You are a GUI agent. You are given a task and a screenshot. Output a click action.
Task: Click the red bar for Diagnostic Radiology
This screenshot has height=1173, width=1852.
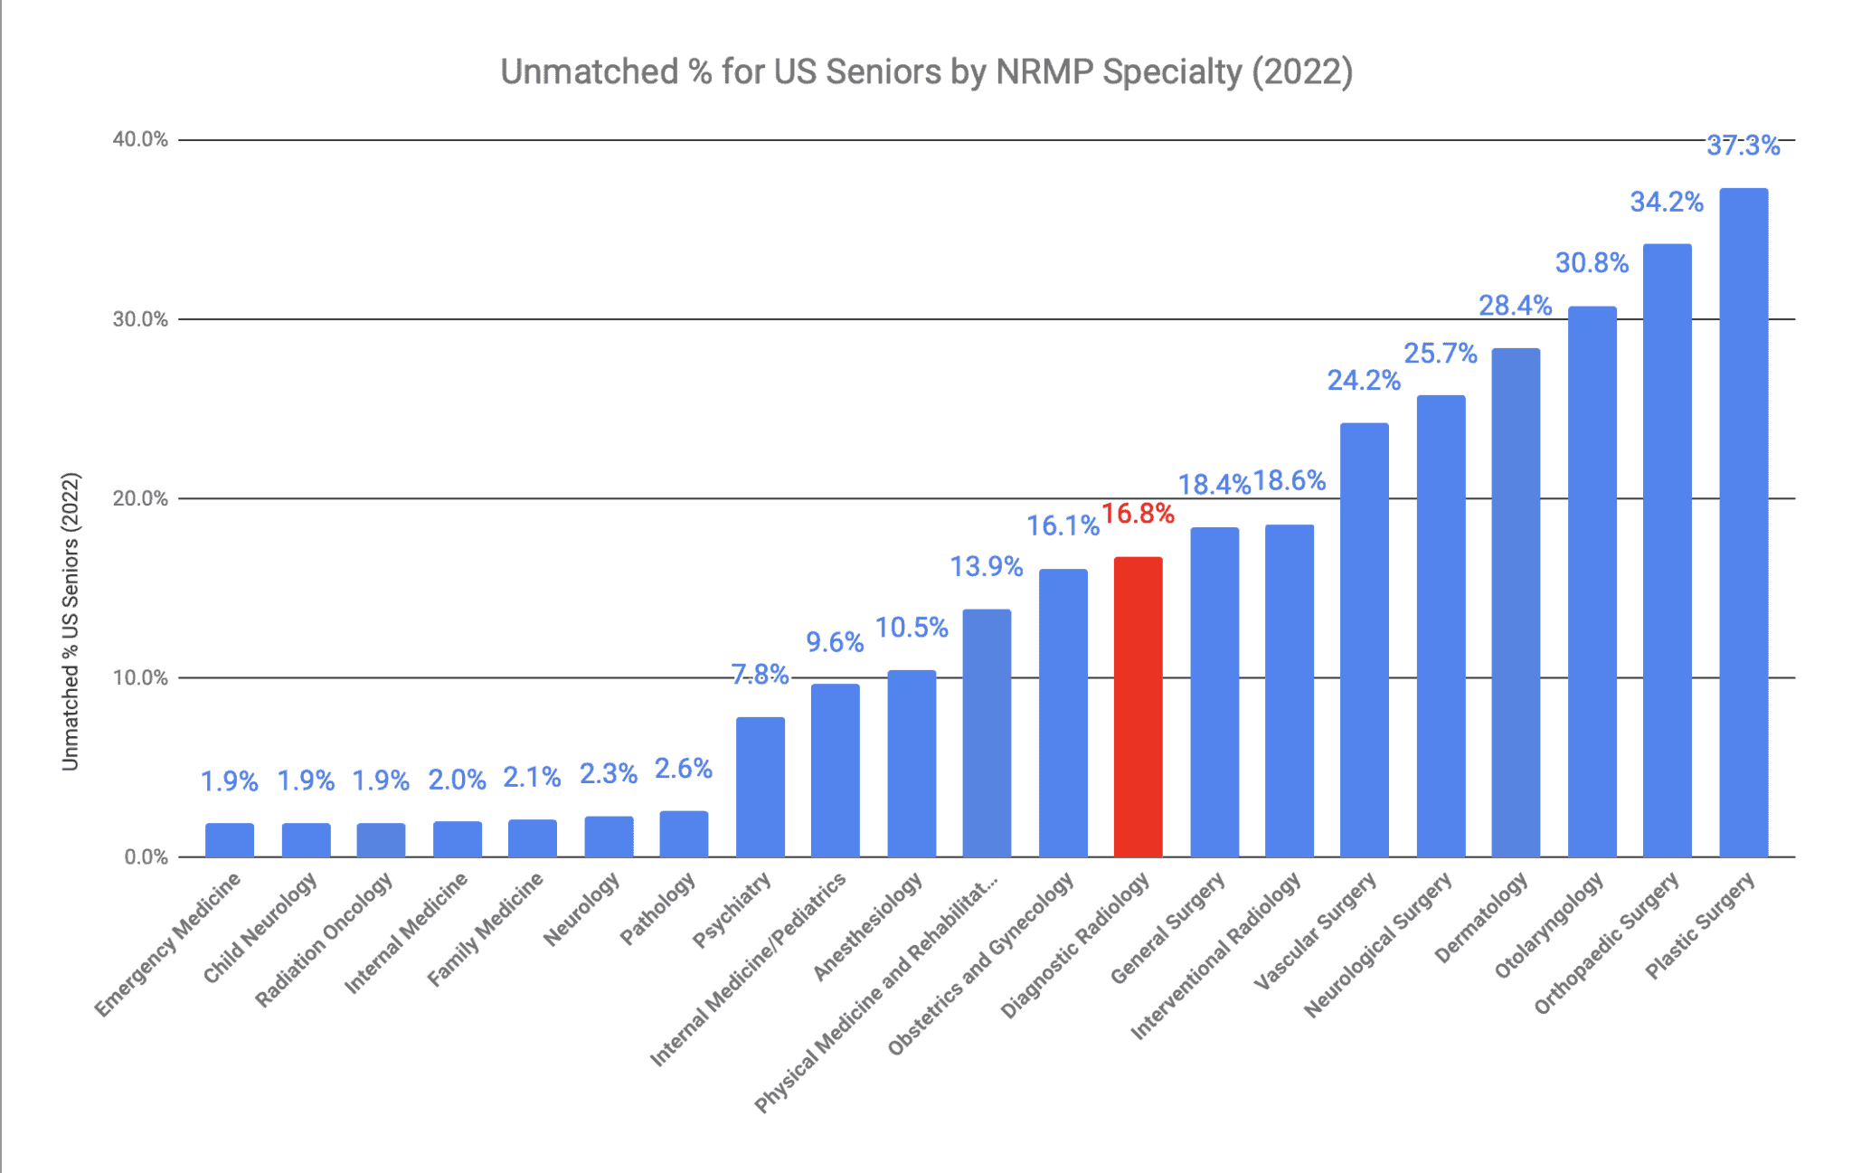point(1138,707)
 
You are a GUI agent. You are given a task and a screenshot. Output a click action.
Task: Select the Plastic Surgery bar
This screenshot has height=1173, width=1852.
point(1743,523)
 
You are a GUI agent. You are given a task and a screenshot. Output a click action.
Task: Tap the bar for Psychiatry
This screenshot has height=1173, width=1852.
point(760,787)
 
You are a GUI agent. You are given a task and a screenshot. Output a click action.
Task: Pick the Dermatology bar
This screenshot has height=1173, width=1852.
point(1515,602)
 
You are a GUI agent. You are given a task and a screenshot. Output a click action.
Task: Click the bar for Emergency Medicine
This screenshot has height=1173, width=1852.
point(230,840)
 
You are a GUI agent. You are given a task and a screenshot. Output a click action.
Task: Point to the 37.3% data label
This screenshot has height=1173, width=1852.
point(1743,146)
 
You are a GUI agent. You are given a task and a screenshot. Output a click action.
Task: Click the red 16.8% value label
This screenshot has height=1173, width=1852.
point(1138,514)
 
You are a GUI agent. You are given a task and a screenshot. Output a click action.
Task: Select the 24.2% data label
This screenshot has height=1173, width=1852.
point(1363,381)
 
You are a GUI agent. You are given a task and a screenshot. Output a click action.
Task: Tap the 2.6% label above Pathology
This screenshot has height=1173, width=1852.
point(683,769)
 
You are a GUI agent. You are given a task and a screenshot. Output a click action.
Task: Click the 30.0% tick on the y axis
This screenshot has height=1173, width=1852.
point(140,319)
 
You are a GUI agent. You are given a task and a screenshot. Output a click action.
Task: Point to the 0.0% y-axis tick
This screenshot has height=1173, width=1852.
point(146,857)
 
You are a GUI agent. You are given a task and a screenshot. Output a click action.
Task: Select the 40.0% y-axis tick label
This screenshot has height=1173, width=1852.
point(140,139)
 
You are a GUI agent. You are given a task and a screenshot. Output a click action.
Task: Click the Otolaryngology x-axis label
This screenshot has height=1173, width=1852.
point(1548,925)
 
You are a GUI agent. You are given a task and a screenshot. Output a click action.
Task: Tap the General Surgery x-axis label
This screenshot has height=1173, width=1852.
point(1167,928)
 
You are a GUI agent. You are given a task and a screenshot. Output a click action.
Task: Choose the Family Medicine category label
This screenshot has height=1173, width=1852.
point(486,930)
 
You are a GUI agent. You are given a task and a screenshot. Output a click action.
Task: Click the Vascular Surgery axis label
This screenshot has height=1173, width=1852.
point(1315,932)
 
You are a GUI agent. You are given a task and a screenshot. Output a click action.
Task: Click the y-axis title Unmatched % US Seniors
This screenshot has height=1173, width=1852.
point(71,621)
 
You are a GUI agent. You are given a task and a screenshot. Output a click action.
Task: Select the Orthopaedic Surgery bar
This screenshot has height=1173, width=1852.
point(1667,550)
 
